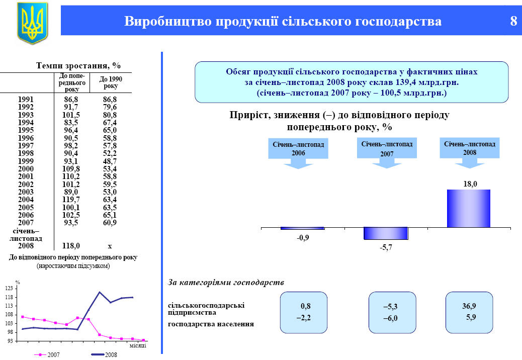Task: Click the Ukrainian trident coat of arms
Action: (x=32, y=23)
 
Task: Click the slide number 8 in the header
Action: (x=513, y=21)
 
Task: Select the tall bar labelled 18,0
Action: (x=468, y=209)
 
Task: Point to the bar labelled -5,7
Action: (x=386, y=233)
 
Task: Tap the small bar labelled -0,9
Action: (x=302, y=228)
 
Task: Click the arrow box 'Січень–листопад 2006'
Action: (x=298, y=153)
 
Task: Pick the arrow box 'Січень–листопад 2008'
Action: (x=470, y=152)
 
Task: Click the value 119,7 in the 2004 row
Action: (x=71, y=200)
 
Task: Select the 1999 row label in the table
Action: (x=26, y=161)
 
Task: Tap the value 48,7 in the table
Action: (x=110, y=161)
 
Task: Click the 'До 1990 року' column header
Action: (x=111, y=82)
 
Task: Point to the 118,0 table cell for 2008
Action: (x=71, y=246)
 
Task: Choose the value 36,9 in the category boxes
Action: (x=469, y=306)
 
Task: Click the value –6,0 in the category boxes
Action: (x=390, y=318)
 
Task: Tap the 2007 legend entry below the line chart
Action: (x=47, y=354)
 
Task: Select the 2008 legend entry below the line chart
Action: (x=104, y=354)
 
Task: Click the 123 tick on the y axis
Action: (x=9, y=288)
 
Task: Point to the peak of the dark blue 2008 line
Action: (x=100, y=292)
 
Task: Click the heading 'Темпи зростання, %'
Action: (x=78, y=65)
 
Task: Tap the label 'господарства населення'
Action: (x=211, y=324)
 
